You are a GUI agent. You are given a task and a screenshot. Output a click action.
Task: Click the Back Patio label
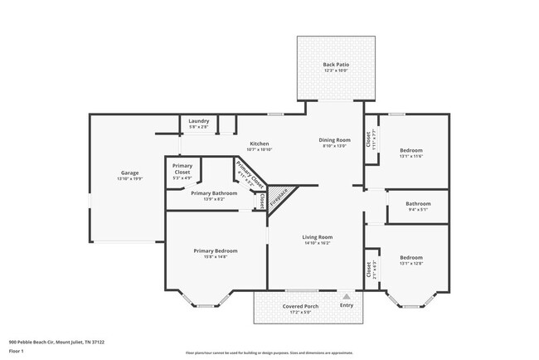(335, 65)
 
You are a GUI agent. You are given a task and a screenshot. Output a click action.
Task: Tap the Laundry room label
(198, 121)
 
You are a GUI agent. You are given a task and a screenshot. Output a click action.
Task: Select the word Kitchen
(260, 144)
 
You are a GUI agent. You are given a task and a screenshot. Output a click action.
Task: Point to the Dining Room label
(335, 139)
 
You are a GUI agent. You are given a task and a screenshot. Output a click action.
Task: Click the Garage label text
(130, 173)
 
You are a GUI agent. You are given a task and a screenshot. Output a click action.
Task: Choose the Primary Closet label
(182, 168)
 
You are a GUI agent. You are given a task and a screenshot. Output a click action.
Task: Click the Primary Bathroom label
(214, 193)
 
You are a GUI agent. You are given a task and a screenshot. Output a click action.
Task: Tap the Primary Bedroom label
(216, 251)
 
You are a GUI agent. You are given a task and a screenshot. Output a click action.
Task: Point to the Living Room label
(318, 237)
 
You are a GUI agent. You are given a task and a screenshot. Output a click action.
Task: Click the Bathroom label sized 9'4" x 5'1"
(418, 203)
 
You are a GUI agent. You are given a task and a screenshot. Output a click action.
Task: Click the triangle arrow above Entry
(347, 296)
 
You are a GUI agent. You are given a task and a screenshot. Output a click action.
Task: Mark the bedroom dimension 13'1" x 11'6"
(411, 156)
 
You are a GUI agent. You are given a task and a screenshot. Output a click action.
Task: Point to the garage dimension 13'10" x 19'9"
(130, 178)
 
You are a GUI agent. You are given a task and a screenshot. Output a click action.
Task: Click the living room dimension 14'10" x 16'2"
(318, 243)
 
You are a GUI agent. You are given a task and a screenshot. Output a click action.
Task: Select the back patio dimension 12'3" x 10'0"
(335, 71)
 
